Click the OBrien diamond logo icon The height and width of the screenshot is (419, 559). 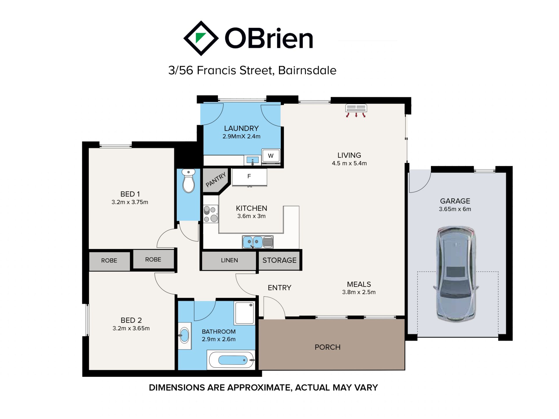(201, 38)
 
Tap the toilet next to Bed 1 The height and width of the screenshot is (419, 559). (188, 181)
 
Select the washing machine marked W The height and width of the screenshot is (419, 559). (271, 156)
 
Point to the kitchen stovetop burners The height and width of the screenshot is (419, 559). (210, 214)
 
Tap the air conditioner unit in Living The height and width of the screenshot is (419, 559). (356, 110)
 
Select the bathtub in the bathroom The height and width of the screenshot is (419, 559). (231, 360)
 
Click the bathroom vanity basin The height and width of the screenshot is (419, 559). (185, 336)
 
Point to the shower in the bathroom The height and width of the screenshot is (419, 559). (244, 313)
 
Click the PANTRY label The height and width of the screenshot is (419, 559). (216, 180)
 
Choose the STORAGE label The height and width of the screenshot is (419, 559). (279, 260)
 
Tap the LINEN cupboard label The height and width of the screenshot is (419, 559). (229, 260)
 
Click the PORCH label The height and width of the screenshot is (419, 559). (328, 347)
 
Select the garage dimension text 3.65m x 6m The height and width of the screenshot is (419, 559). (455, 209)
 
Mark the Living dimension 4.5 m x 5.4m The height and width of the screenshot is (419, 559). (349, 163)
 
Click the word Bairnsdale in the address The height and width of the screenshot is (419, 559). (307, 70)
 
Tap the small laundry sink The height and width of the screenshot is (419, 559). (252, 160)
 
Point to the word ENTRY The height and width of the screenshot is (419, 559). (279, 288)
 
